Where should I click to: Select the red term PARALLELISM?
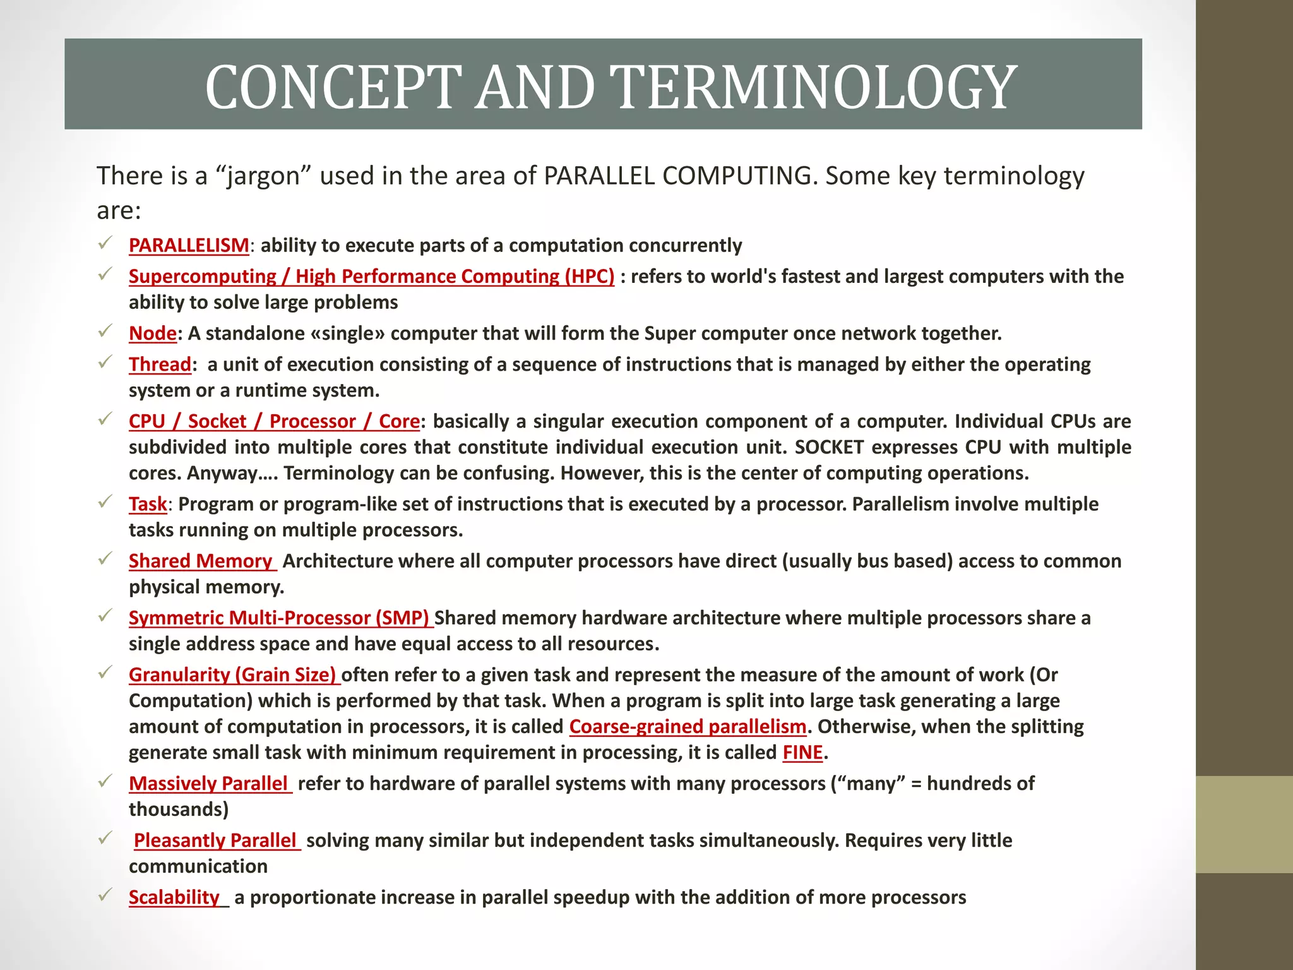pyautogui.click(x=189, y=245)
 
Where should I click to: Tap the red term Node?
pyautogui.click(x=152, y=333)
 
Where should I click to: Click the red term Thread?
pyautogui.click(x=160, y=364)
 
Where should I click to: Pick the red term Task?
pyautogui.click(x=148, y=504)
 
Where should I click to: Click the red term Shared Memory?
pyautogui.click(x=200, y=561)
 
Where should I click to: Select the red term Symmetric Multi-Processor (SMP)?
pyautogui.click(x=279, y=618)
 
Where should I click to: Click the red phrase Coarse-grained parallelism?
pyautogui.click(x=688, y=726)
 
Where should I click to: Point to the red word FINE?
pyautogui.click(x=802, y=752)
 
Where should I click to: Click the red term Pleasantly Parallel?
pyautogui.click(x=215, y=840)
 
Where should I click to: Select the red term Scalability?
pyautogui.click(x=174, y=897)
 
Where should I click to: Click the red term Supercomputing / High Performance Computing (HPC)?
pyautogui.click(x=371, y=276)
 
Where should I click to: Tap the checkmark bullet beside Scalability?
pyautogui.click(x=105, y=895)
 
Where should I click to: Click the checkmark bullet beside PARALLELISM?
pyautogui.click(x=105, y=242)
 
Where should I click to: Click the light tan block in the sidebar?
pyautogui.click(x=1244, y=824)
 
